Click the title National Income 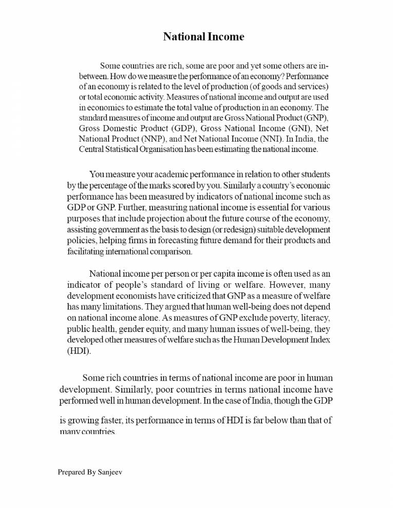tap(203, 36)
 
